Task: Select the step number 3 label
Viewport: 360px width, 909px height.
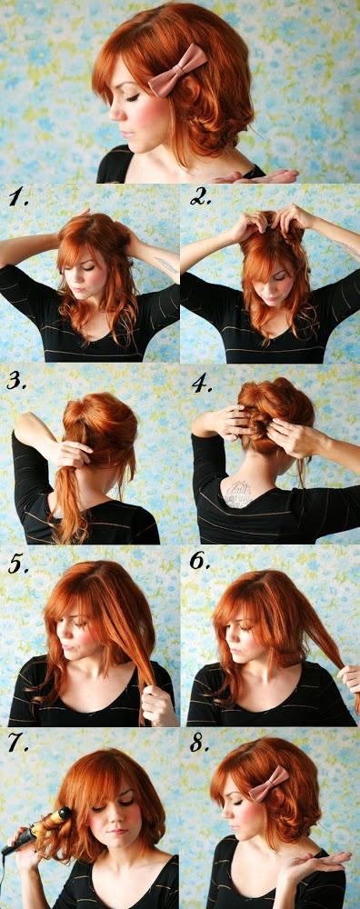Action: (x=17, y=380)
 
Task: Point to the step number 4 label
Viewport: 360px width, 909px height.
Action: (x=203, y=384)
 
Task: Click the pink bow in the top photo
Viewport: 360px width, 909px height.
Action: (x=177, y=70)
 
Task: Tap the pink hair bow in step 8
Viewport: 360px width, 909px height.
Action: (x=268, y=784)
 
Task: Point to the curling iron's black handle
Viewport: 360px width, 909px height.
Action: (x=16, y=845)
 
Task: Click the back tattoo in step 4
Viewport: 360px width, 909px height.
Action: (x=239, y=494)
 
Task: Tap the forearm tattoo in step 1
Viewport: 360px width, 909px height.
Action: (x=167, y=265)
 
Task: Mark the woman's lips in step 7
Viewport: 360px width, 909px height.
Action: (x=117, y=830)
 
